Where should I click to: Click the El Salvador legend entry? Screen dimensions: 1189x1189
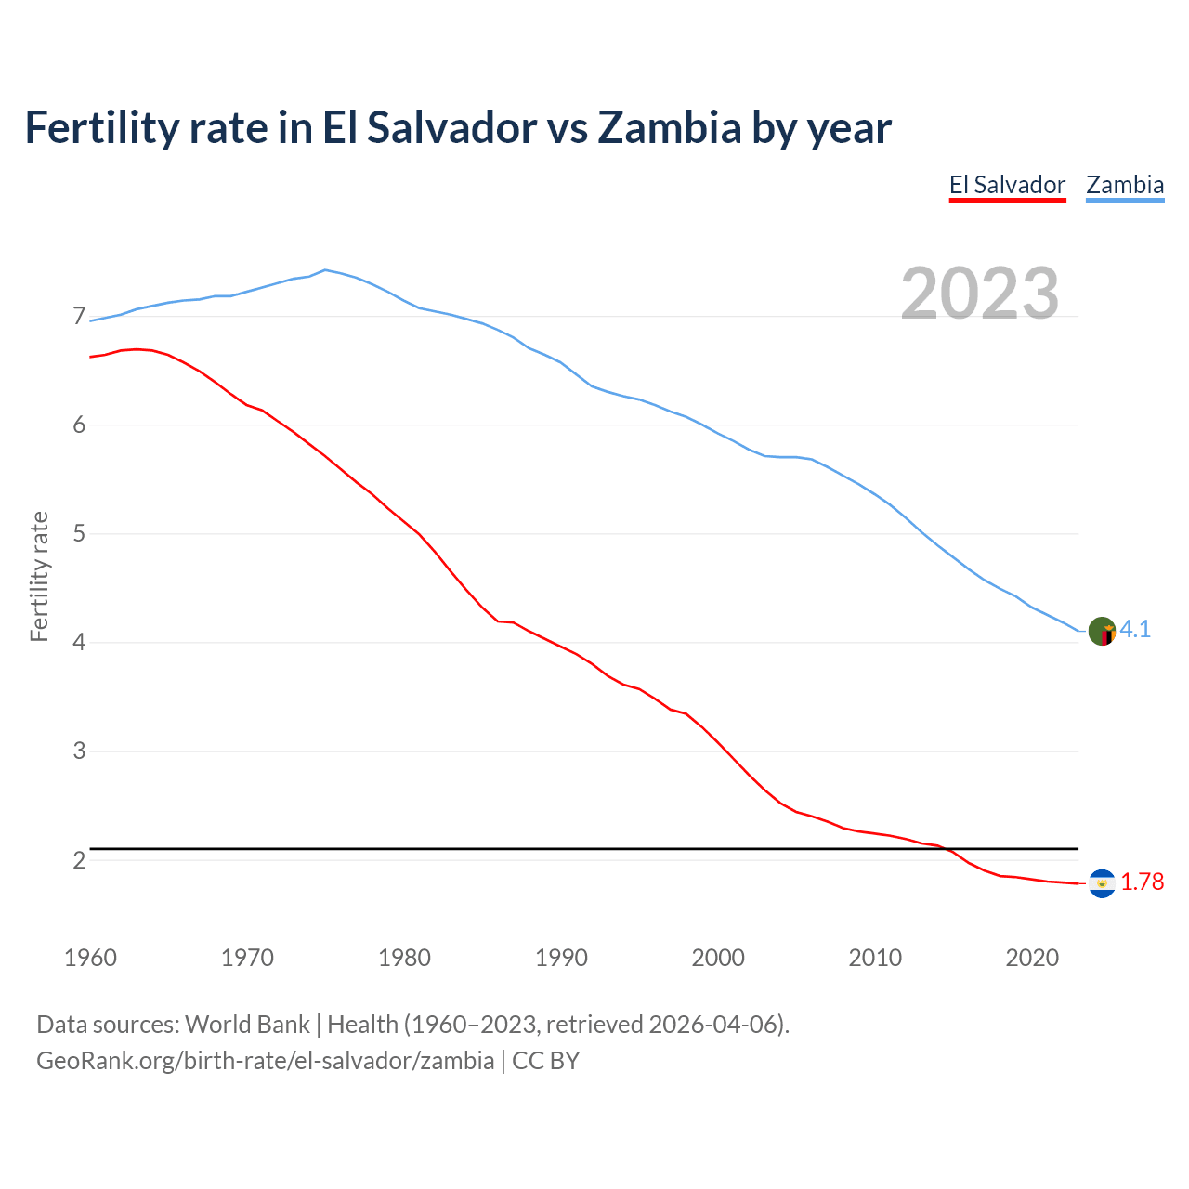1007,185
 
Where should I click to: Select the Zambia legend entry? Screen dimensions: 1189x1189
1125,185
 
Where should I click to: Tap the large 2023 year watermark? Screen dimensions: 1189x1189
979,294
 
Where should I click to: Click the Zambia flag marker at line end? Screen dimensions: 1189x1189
1102,631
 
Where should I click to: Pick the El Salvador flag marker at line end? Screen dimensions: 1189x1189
1102,883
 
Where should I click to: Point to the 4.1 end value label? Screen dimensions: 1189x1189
1135,630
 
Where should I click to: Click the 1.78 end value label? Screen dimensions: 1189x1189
1142,882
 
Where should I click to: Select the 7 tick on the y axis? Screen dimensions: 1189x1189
79,317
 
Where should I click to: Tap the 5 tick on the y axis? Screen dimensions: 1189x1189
79,534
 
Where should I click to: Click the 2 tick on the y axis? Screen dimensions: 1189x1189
79,860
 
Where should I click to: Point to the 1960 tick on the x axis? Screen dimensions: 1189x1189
90,958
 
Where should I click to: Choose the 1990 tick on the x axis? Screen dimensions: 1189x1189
561,958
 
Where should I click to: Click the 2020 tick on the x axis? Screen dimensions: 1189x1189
1032,958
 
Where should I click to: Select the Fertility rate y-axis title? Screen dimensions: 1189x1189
39,576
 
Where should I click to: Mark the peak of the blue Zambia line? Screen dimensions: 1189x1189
324,269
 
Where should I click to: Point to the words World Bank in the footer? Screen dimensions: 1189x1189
247,1025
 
